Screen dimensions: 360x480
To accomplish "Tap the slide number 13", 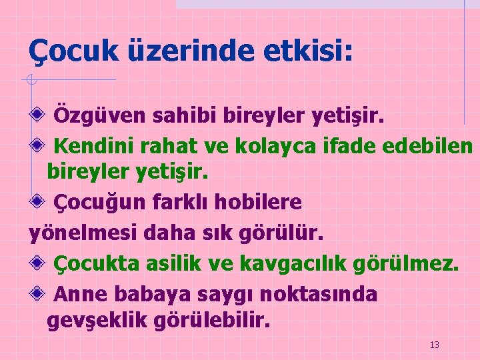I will point(435,345).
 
